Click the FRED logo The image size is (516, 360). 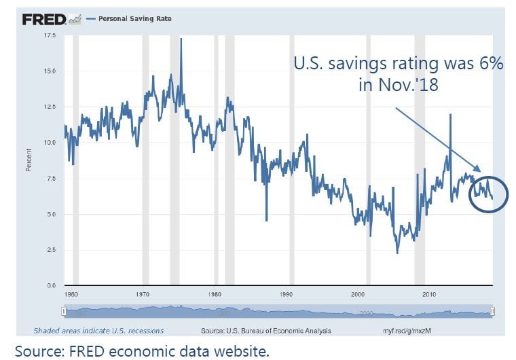click(45, 19)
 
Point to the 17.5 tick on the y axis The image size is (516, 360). click(50, 35)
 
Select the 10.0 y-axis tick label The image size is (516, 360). click(50, 143)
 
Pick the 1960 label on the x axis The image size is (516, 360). click(69, 295)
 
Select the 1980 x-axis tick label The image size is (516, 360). click(215, 295)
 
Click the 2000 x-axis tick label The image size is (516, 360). click(358, 295)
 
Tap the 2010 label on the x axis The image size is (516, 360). click(429, 295)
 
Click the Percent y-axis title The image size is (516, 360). click(29, 160)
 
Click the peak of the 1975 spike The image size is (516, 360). click(181, 39)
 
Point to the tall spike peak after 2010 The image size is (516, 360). click(450, 114)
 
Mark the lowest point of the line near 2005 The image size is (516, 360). click(398, 253)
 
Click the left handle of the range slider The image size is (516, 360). click(64, 311)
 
